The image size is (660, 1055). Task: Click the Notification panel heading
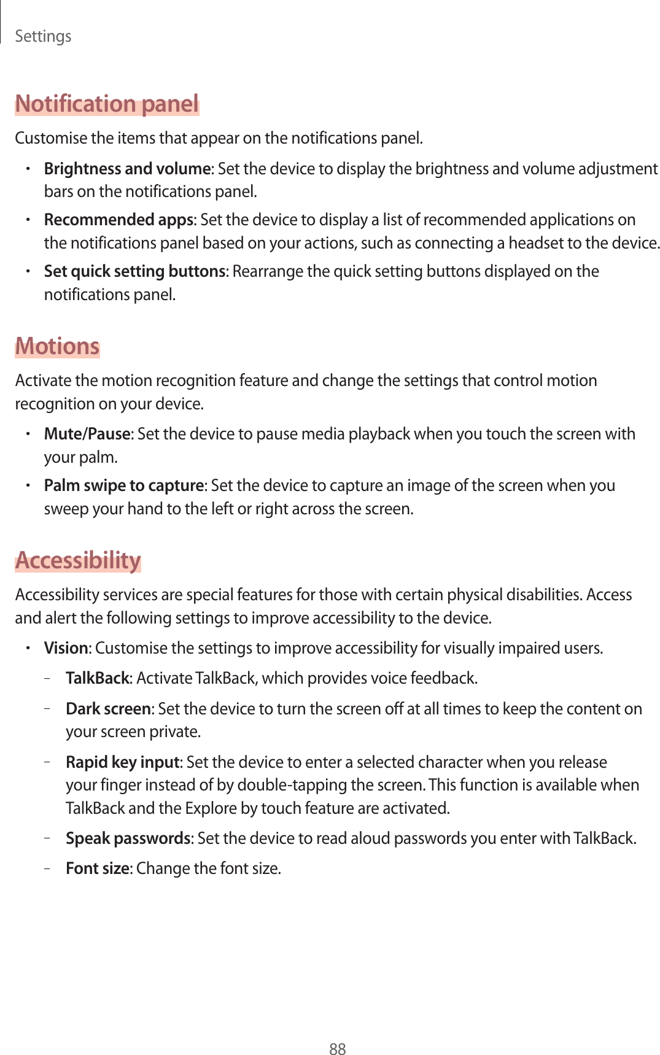click(107, 104)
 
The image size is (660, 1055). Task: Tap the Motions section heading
click(57, 346)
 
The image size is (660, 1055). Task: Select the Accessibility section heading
click(78, 560)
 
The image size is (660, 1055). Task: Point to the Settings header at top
click(43, 36)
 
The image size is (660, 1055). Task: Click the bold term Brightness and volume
click(127, 168)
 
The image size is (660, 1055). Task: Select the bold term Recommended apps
click(118, 220)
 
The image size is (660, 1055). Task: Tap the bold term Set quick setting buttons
click(134, 271)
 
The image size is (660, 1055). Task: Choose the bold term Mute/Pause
click(87, 434)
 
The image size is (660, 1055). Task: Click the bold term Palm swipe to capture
click(123, 485)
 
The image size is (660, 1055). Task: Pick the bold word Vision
click(66, 648)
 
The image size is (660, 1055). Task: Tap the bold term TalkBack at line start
click(98, 678)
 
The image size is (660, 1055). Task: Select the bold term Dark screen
click(108, 709)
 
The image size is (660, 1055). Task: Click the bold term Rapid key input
click(122, 762)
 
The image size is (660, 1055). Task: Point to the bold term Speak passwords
click(128, 838)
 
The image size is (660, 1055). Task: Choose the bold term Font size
click(97, 868)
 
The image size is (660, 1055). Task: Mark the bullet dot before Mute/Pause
click(28, 434)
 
